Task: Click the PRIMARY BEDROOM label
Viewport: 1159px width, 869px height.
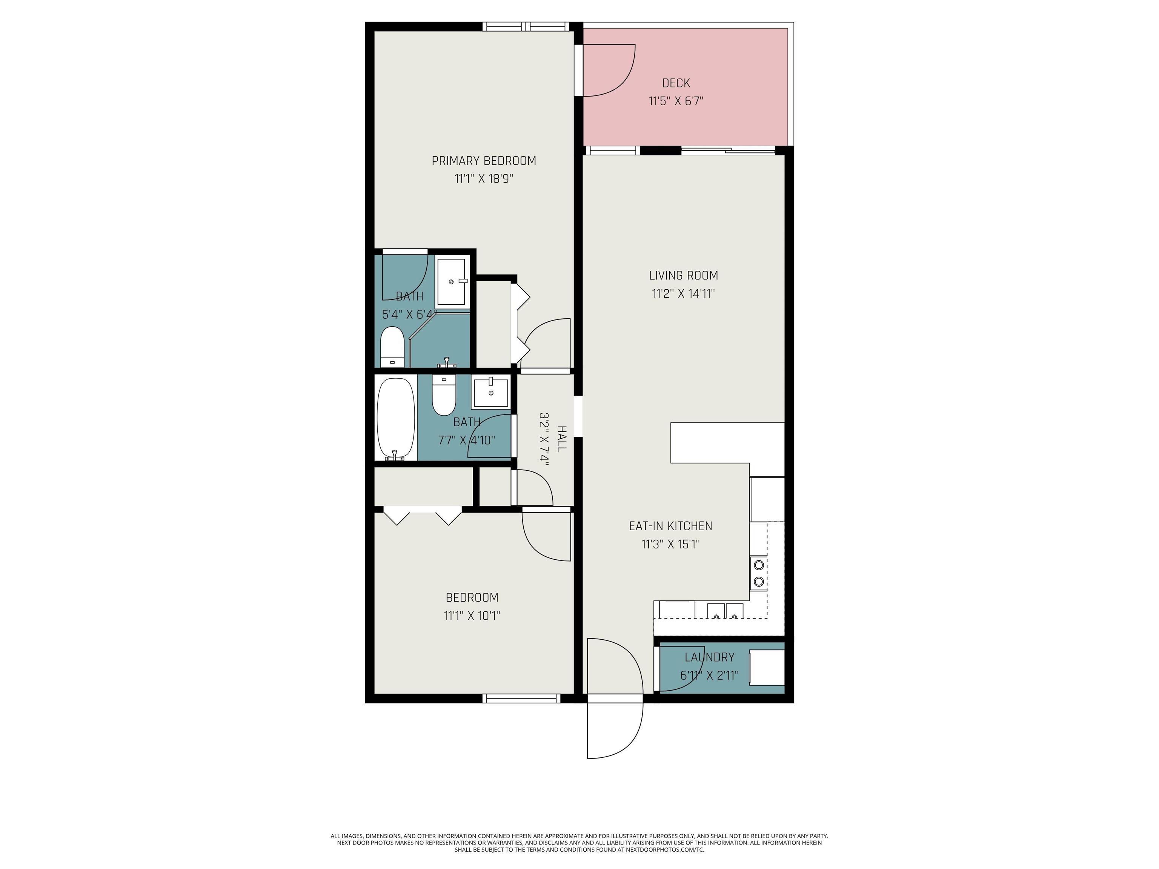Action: tap(484, 161)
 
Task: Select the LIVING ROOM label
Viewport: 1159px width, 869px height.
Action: tap(683, 276)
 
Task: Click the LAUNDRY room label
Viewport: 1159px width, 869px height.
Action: tap(709, 657)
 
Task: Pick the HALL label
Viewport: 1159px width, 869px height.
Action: tap(561, 439)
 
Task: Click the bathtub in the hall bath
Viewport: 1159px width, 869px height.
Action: tap(396, 418)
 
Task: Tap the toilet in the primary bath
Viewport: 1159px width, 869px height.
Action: tap(391, 346)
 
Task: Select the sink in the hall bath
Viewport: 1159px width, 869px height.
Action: tap(490, 392)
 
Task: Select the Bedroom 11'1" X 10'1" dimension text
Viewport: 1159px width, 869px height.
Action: tap(472, 616)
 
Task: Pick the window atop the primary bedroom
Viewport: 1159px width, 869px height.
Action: tap(525, 26)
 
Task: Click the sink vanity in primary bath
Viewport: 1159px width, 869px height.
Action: tap(451, 281)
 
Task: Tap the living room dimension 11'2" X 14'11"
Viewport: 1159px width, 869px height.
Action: tap(683, 294)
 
